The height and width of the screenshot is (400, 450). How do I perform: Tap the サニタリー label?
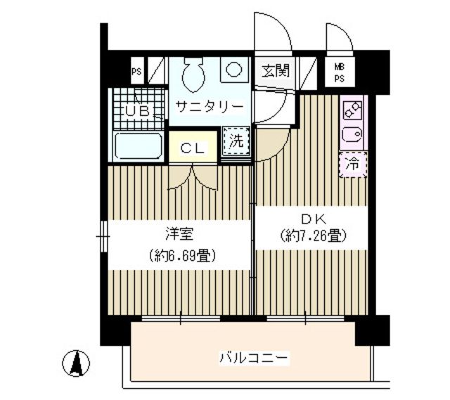click(209, 107)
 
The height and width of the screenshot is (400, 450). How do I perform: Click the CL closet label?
click(193, 148)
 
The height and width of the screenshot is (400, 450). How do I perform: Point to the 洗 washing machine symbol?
click(237, 140)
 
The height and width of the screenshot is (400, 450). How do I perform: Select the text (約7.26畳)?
click(312, 236)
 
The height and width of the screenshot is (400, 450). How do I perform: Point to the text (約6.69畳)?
click(179, 254)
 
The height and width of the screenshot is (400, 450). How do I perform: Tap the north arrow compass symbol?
click(79, 363)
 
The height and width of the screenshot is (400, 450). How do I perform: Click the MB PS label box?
click(339, 72)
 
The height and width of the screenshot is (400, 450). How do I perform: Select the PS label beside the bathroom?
click(136, 71)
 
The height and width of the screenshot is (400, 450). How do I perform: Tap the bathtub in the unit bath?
click(139, 147)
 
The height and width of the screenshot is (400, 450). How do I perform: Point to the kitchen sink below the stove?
click(352, 134)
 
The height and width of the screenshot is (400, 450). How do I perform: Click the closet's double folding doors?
click(193, 176)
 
